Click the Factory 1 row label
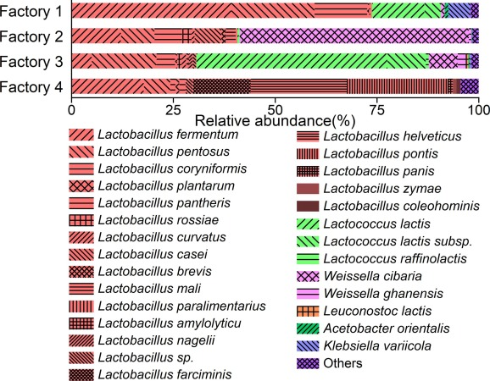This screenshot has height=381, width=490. pyautogui.click(x=31, y=12)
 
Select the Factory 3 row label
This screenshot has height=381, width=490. pyautogui.click(x=31, y=62)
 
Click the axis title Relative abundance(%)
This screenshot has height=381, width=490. pyautogui.click(x=275, y=120)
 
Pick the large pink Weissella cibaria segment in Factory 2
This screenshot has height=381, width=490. pyautogui.click(x=354, y=36)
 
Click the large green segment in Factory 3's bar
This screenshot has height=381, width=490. pyautogui.click(x=313, y=61)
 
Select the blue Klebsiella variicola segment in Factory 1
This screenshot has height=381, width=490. pyautogui.click(x=459, y=11)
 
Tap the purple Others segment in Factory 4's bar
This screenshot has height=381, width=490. pyautogui.click(x=470, y=86)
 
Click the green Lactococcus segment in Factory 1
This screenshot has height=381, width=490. pyautogui.click(x=407, y=11)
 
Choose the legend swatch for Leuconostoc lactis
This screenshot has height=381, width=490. pyautogui.click(x=308, y=311)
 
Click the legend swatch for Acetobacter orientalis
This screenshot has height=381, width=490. pyautogui.click(x=308, y=329)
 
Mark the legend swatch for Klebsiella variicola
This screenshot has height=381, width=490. pyautogui.click(x=308, y=346)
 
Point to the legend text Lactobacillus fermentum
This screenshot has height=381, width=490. pyautogui.click(x=168, y=135)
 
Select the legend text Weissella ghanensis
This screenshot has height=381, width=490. pyautogui.click(x=383, y=294)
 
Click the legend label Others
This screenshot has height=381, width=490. pyautogui.click(x=342, y=363)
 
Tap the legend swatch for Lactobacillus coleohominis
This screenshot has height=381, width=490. pyautogui.click(x=308, y=207)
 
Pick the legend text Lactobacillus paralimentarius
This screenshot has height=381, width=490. pyautogui.click(x=182, y=306)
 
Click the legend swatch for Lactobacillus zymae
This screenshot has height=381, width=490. pyautogui.click(x=308, y=189)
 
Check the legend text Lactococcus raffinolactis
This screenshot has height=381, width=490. pyautogui.click(x=395, y=259)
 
